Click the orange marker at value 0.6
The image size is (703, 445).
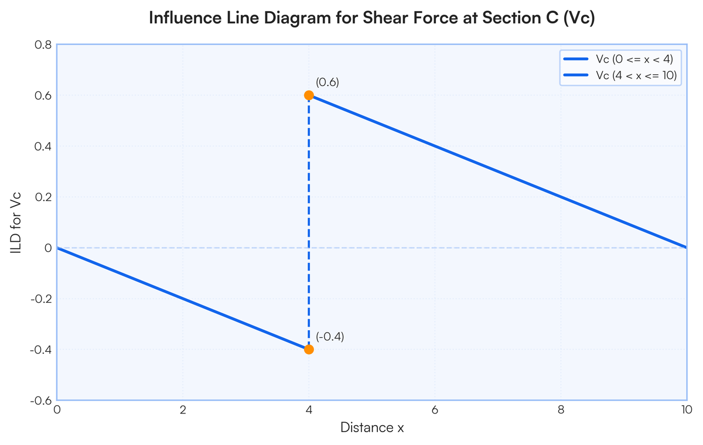[x=309, y=95]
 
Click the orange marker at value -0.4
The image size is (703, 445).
[x=309, y=350]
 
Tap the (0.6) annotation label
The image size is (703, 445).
[x=327, y=83]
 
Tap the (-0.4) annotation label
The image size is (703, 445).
[x=330, y=337]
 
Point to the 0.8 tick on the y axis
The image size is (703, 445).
[x=43, y=44]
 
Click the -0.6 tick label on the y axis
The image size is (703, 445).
[x=42, y=400]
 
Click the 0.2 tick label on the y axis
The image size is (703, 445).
[x=43, y=197]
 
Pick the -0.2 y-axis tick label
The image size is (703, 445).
[x=42, y=299]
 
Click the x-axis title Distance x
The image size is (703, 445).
[x=372, y=428]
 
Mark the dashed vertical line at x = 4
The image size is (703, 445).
[x=309, y=222]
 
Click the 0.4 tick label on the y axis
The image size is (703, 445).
[x=43, y=146]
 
